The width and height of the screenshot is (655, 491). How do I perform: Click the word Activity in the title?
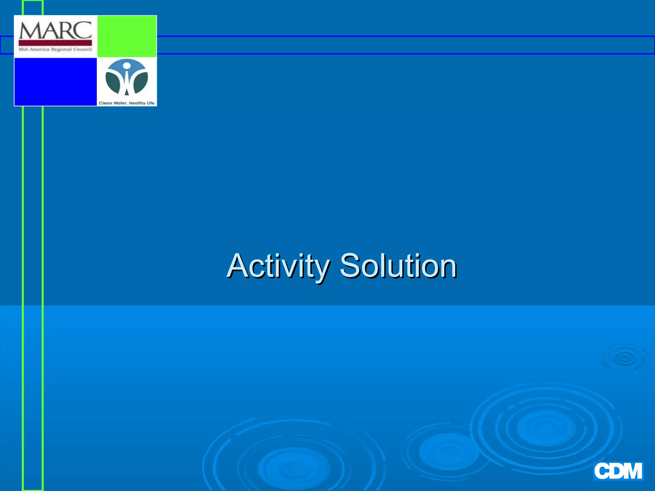pyautogui.click(x=278, y=266)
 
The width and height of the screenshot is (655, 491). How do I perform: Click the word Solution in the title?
pyautogui.click(x=398, y=266)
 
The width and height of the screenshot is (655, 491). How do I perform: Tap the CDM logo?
pyautogui.click(x=618, y=471)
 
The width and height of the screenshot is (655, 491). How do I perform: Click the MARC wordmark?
pyautogui.click(x=55, y=30)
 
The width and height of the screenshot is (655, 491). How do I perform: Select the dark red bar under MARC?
pyautogui.click(x=55, y=43)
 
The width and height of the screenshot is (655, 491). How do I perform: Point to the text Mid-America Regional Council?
pyautogui.click(x=55, y=49)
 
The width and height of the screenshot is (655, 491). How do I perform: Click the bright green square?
pyautogui.click(x=127, y=36)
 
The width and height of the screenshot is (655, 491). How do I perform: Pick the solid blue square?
pyautogui.click(x=56, y=82)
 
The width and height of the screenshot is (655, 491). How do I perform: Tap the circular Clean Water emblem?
pyautogui.click(x=127, y=78)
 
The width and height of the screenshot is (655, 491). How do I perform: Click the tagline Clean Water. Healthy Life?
pyautogui.click(x=127, y=103)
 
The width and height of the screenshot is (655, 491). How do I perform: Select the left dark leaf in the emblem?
pyautogui.click(x=113, y=82)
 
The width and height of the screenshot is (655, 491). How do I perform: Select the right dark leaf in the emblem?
pyautogui.click(x=140, y=82)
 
